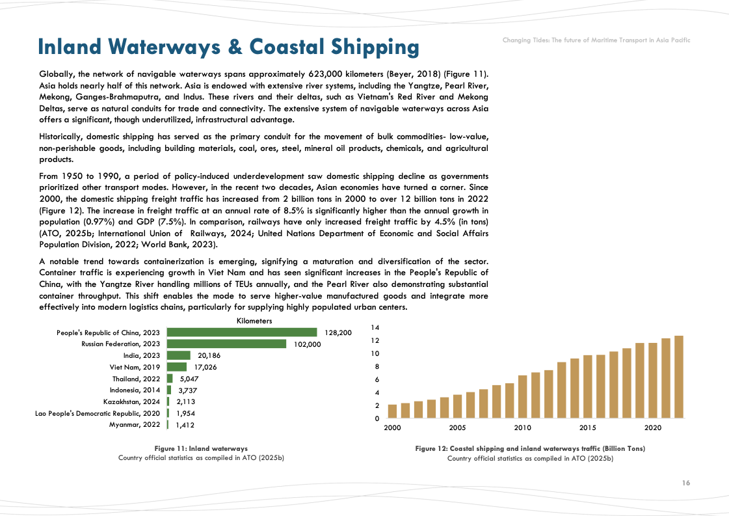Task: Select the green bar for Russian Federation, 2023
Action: (226, 344)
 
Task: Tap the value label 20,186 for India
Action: (209, 356)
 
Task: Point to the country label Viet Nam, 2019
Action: (135, 367)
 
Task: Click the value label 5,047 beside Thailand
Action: (189, 379)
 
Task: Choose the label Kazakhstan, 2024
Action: (131, 401)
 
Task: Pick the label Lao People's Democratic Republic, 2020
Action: (98, 413)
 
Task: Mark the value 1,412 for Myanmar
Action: (185, 425)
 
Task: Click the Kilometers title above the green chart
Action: (254, 321)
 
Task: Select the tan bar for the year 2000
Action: (392, 411)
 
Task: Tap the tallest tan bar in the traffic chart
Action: (679, 376)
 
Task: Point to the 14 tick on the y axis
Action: (375, 327)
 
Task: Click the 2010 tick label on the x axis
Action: (522, 428)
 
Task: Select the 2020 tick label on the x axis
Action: (653, 428)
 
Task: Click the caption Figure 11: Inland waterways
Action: (201, 448)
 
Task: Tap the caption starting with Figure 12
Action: (530, 448)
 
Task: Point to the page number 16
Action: (686, 483)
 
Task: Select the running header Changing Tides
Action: (596, 40)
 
